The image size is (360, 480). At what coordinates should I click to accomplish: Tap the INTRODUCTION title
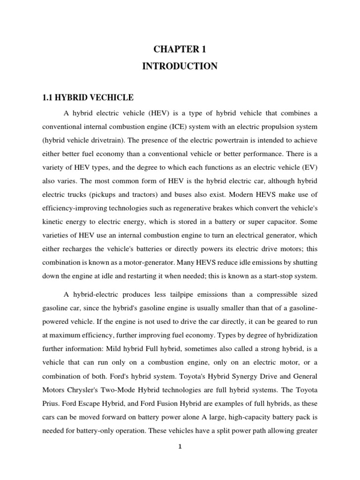[x=180, y=67]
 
